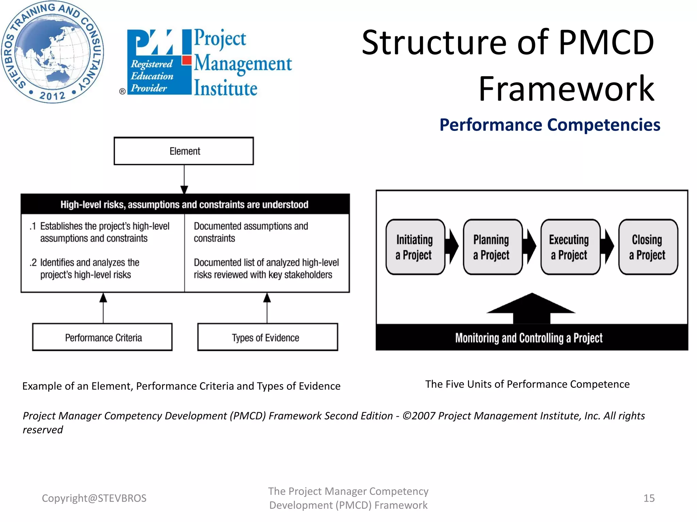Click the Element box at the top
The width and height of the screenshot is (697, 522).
[x=184, y=151]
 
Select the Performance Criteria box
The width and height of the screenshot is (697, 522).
[x=102, y=337]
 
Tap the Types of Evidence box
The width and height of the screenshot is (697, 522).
[x=268, y=337]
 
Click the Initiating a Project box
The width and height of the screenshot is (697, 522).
[x=415, y=247]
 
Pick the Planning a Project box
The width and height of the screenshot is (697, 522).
[x=492, y=247]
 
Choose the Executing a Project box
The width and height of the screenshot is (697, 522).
[x=570, y=247]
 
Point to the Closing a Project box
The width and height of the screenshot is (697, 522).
[x=648, y=247]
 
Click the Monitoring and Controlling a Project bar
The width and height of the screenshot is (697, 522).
[x=532, y=337]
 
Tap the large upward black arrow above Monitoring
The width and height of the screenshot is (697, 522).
[x=531, y=308]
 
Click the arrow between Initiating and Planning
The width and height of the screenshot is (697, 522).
[x=453, y=246]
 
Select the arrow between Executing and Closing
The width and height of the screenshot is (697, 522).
[x=608, y=246]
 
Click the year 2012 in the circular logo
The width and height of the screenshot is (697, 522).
[x=52, y=95]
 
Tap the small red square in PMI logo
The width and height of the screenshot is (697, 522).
[x=187, y=60]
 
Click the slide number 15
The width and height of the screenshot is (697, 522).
[x=649, y=498]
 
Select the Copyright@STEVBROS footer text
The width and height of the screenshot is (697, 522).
[x=94, y=498]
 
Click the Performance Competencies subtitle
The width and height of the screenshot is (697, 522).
[x=549, y=125]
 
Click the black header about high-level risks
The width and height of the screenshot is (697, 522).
[x=185, y=204]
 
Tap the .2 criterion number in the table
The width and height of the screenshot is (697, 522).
[x=33, y=263]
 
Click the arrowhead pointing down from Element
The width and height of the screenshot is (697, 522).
[x=184, y=190]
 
